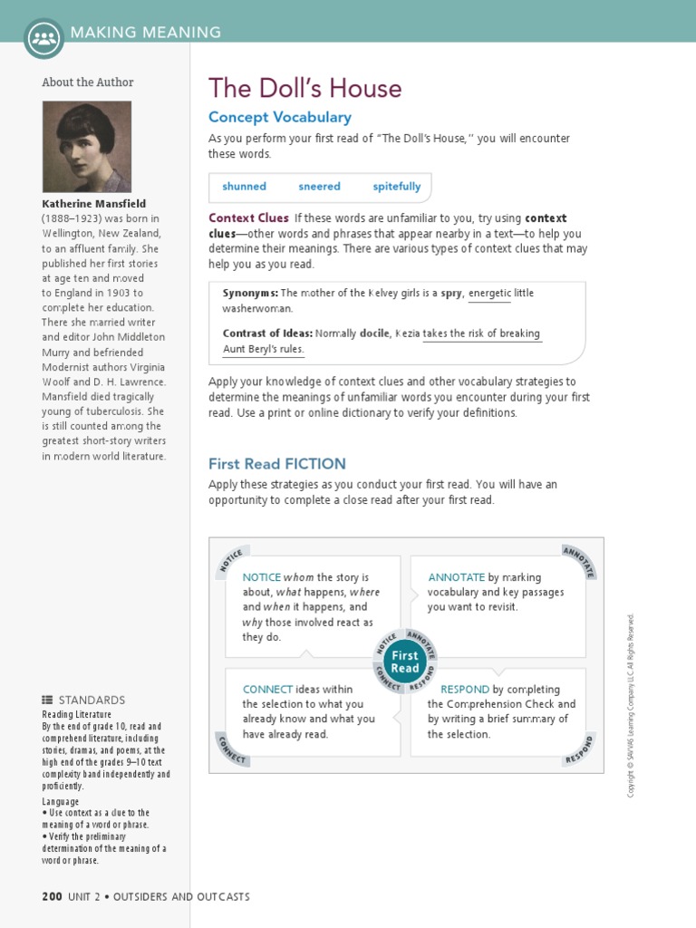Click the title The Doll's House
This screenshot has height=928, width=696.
coord(304,88)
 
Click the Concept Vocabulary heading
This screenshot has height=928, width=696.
coord(279,117)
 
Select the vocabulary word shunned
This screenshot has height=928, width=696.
coord(244,187)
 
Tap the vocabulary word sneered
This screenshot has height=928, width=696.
coord(319,187)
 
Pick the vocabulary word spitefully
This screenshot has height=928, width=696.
coord(396,187)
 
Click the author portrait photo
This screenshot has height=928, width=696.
coord(87,146)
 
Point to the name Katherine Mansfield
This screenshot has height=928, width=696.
coord(93,204)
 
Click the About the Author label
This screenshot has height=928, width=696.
coord(87,82)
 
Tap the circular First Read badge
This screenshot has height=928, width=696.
coord(405,662)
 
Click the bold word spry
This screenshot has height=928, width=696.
coord(451,294)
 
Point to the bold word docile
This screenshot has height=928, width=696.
coord(374,333)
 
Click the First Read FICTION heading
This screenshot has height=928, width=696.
coord(276,463)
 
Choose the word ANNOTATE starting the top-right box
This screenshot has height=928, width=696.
coord(456,576)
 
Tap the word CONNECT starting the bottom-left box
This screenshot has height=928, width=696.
coord(268,690)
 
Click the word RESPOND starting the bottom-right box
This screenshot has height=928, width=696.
coord(464,690)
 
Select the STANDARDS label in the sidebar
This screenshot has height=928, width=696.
coord(91,701)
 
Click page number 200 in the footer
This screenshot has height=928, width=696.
coord(52,896)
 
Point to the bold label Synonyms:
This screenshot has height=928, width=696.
coord(249,294)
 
